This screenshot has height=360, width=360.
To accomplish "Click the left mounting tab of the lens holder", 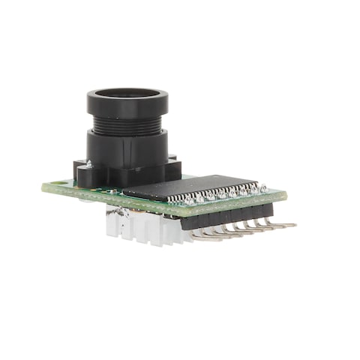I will [x=85, y=173].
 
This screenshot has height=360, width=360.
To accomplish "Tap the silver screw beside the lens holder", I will [x=89, y=163].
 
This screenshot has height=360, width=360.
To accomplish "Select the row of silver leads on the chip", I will [x=217, y=196].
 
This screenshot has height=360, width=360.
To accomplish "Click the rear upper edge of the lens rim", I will [x=127, y=90].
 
